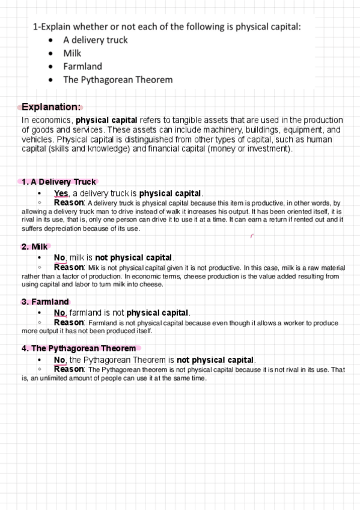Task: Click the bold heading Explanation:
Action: [x=51, y=107]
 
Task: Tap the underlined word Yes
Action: [x=61, y=193]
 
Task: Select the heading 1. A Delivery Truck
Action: [x=58, y=182]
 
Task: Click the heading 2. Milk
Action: [x=34, y=247]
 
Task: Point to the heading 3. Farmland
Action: [x=45, y=302]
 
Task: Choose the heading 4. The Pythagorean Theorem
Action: [x=79, y=348]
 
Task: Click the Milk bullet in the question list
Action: [x=72, y=53]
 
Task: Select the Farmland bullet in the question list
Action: [x=82, y=66]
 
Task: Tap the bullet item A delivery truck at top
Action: [x=95, y=40]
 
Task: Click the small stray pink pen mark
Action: [x=251, y=236]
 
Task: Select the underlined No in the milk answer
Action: [x=59, y=257]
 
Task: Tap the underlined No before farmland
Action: [x=59, y=313]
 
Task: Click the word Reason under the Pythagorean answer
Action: [x=69, y=369]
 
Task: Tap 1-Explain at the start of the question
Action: [x=50, y=26]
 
